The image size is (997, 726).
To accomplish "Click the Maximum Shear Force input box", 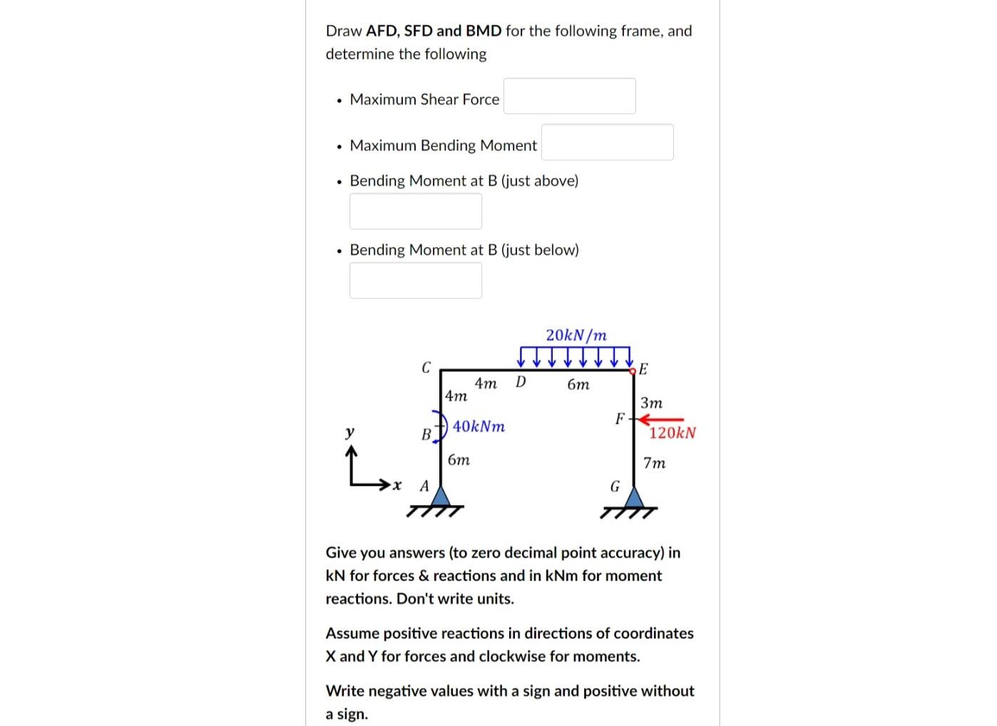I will (569, 96).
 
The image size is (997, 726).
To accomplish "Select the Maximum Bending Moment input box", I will (607, 142).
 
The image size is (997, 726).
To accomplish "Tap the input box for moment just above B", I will (415, 212).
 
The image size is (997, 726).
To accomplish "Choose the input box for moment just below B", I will (415, 280).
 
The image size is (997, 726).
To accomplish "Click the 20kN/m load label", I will (576, 335).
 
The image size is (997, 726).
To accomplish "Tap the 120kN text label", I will (672, 433).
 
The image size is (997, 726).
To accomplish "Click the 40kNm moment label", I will (479, 427).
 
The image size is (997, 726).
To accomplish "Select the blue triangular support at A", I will (441, 496).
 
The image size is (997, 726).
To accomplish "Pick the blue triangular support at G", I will (633, 496).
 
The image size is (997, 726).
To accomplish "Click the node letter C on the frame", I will (426, 368).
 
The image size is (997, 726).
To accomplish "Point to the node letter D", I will (521, 383).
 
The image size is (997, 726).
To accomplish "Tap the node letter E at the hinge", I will (643, 369).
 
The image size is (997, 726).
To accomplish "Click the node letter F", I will (620, 419).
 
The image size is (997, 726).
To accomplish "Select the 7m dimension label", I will (654, 463).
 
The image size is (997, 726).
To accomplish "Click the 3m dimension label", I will (651, 403).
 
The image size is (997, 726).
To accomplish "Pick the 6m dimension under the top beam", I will (578, 385).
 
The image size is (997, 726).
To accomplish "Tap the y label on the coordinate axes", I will (349, 432).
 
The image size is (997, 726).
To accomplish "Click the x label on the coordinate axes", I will (397, 486).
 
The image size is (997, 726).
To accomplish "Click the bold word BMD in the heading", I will (484, 31).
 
